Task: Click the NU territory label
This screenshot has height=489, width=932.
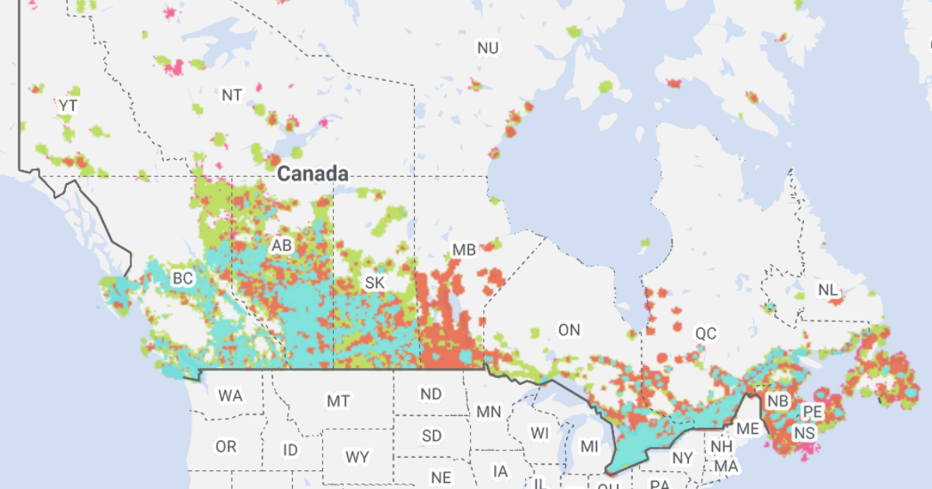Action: click(488, 48)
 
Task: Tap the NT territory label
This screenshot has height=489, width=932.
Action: click(231, 95)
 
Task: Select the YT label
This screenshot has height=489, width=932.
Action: click(68, 105)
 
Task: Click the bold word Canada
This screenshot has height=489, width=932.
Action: click(312, 174)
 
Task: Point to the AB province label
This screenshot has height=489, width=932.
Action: click(281, 246)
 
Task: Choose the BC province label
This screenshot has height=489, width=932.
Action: click(183, 278)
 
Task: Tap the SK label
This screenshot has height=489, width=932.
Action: click(374, 283)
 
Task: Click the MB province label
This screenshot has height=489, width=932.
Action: click(464, 250)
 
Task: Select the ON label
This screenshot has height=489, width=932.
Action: click(569, 330)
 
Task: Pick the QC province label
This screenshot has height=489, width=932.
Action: click(706, 334)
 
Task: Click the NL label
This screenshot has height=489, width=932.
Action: click(828, 290)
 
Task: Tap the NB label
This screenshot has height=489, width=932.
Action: click(776, 401)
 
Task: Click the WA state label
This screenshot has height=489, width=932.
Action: click(230, 396)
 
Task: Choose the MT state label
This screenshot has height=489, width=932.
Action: click(338, 401)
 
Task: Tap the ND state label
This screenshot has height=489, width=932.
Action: click(431, 394)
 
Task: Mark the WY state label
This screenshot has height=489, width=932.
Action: click(357, 457)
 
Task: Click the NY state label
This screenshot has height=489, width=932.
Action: click(682, 458)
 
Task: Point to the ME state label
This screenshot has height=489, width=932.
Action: click(748, 428)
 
